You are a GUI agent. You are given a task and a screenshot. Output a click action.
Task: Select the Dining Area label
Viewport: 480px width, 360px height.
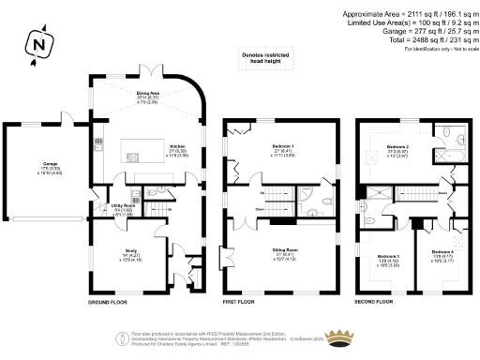click(151, 95)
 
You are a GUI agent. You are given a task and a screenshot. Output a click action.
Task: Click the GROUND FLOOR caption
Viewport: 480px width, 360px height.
click(108, 304)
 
